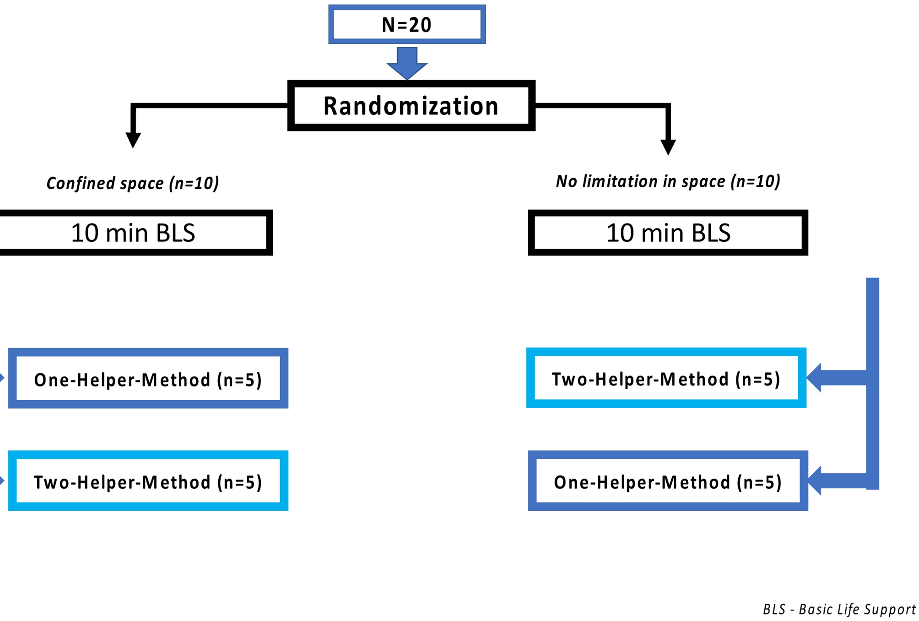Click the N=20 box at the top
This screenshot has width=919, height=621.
pos(407,25)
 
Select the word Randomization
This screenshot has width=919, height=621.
pos(411,106)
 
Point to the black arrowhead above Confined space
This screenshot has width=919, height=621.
pos(133,140)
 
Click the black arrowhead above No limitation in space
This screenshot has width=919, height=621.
pos(668,147)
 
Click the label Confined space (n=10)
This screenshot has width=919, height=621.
pos(133,183)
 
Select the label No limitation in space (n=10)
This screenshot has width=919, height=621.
pos(668,181)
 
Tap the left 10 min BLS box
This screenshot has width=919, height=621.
pos(133,233)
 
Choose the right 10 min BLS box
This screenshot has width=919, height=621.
pos(668,233)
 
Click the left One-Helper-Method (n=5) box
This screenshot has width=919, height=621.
pos(148,380)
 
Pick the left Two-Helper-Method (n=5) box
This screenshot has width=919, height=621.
pos(148,482)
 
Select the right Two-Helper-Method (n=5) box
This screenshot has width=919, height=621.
pos(666,379)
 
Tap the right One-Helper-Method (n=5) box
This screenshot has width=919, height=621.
pos(668,482)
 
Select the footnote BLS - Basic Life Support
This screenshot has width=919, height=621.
pos(839,610)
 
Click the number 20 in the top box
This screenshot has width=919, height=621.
pos(420,25)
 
